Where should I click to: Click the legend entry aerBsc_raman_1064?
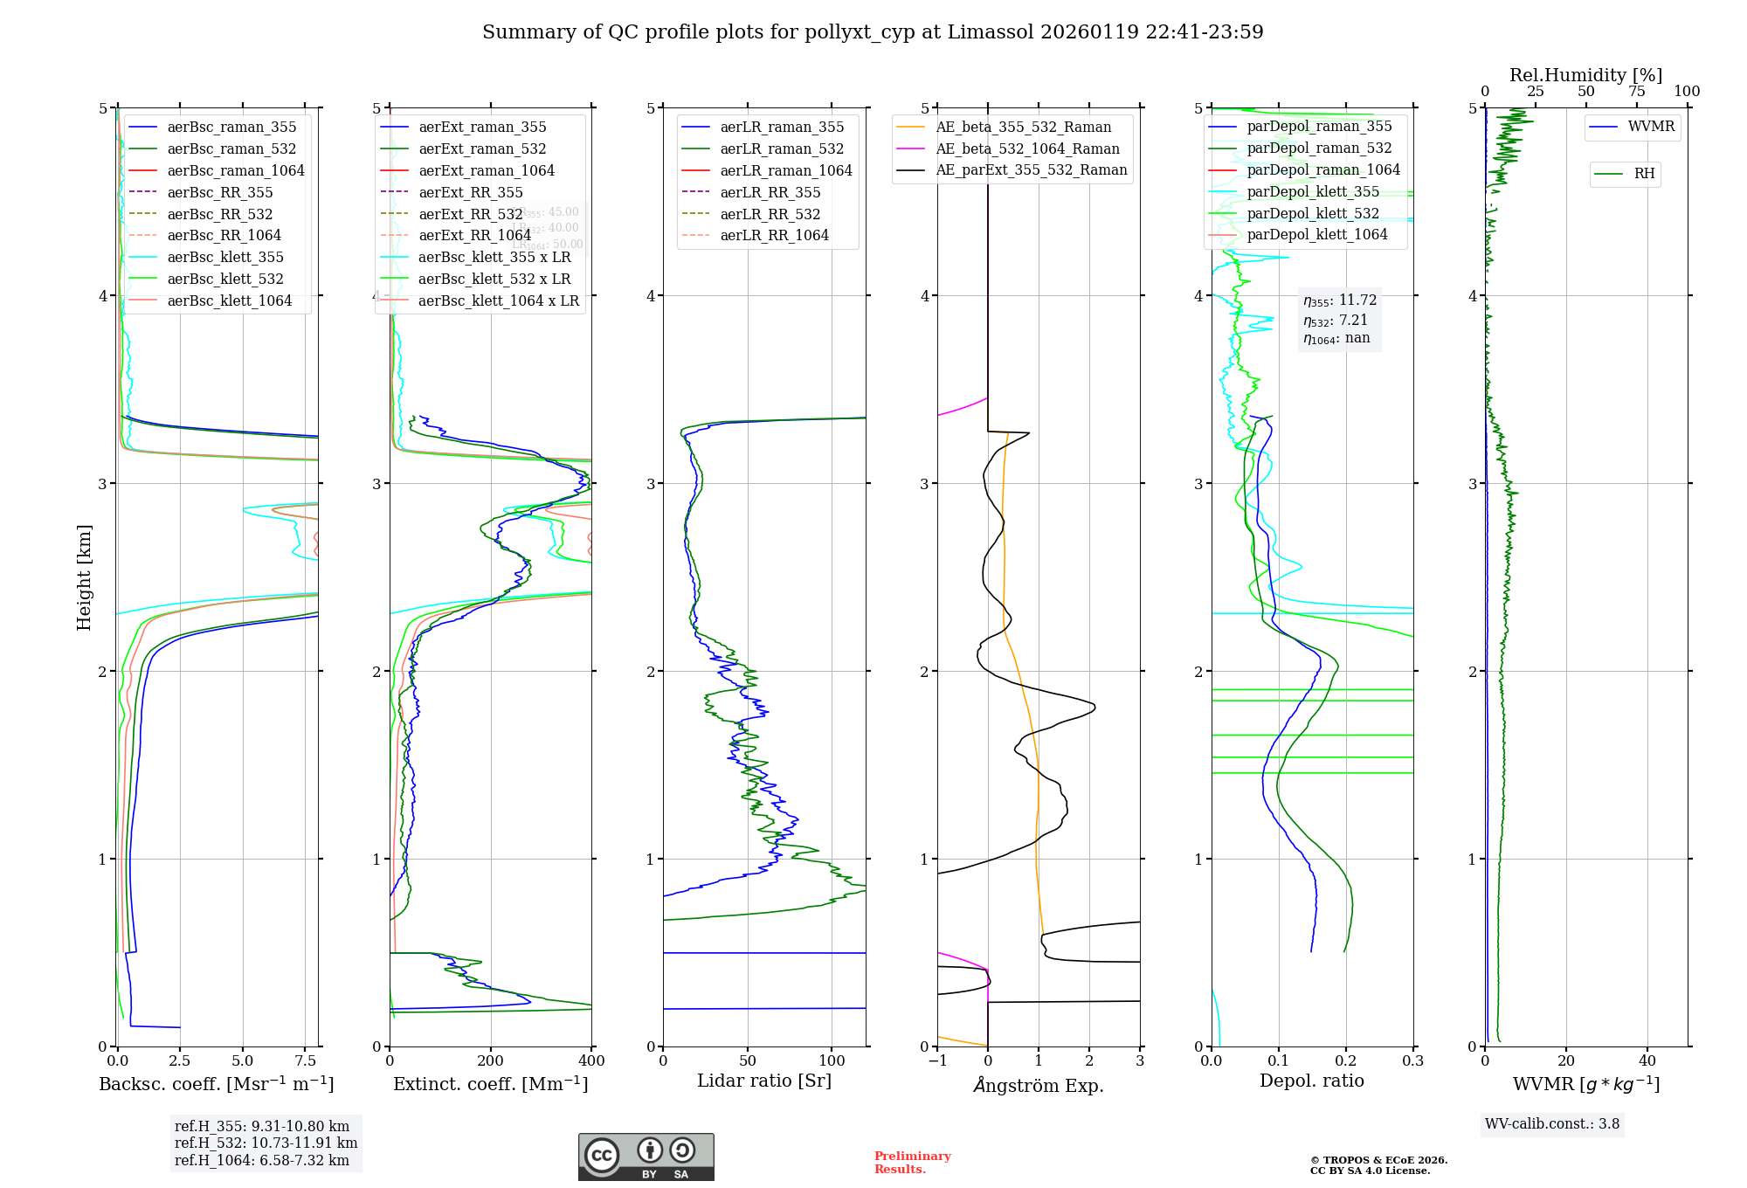point(236,170)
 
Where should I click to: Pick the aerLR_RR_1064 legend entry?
point(774,235)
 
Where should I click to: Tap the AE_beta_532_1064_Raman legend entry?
point(1027,148)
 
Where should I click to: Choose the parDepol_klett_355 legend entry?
point(1313,191)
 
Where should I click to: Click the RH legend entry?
point(1644,174)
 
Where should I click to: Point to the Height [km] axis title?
point(84,577)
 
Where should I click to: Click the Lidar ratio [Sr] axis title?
point(764,1081)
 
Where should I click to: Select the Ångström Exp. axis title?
point(1039,1085)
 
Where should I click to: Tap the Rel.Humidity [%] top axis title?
point(1585,75)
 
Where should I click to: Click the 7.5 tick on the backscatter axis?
point(306,1060)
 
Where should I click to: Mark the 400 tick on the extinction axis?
point(592,1060)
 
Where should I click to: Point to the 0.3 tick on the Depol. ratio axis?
point(1413,1060)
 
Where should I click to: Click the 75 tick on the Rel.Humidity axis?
point(1636,92)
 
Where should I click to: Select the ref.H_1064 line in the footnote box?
point(262,1160)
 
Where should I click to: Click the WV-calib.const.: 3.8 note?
point(1552,1123)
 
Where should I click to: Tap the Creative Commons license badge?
point(646,1157)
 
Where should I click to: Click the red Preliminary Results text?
point(912,1162)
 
